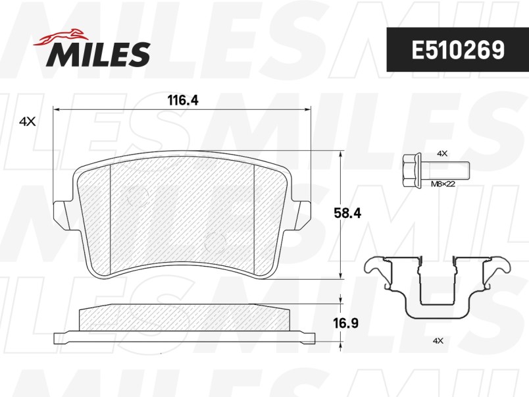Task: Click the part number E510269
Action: pyautogui.click(x=458, y=50)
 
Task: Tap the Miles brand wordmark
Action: pyautogui.click(x=98, y=54)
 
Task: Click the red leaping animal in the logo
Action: pyautogui.click(x=61, y=36)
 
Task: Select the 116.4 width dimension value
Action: pyautogui.click(x=183, y=100)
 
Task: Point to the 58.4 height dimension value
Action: pyautogui.click(x=347, y=213)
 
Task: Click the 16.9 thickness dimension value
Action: pyautogui.click(x=346, y=323)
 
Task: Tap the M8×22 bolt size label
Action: pyautogui.click(x=443, y=184)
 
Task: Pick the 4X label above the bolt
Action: pyautogui.click(x=442, y=153)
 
